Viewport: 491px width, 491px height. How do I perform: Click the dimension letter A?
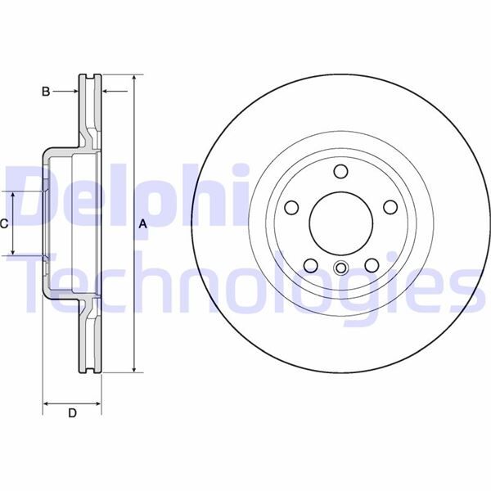[142, 223]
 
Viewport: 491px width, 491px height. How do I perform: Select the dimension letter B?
[46, 91]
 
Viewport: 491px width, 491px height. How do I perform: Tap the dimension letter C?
[4, 223]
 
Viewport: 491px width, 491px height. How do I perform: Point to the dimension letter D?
[72, 413]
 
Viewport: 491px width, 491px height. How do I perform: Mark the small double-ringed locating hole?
[340, 267]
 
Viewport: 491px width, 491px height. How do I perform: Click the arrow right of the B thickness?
[106, 91]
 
